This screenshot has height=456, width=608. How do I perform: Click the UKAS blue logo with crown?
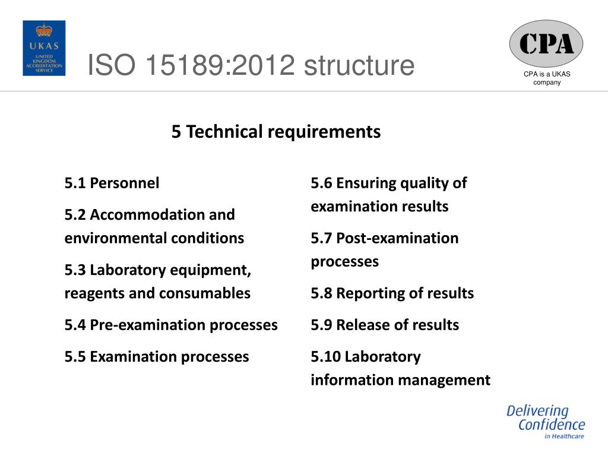(44, 48)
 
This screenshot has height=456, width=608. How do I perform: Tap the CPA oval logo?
(546, 43)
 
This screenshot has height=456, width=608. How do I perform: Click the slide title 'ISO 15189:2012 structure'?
(251, 65)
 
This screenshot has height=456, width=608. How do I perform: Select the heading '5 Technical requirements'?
(276, 131)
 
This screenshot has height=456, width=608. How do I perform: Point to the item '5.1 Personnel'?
(112, 183)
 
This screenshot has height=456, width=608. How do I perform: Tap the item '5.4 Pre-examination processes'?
(171, 325)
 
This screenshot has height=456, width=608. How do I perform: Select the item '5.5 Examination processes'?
(157, 357)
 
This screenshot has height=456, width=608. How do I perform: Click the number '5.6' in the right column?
(321, 183)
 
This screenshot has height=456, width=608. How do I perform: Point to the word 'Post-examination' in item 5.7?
(397, 238)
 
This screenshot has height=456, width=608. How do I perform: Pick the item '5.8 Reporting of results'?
(392, 293)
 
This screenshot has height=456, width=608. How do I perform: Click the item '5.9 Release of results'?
(385, 325)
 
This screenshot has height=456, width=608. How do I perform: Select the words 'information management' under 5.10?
(400, 380)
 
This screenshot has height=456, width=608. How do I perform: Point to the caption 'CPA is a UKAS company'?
(546, 78)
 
